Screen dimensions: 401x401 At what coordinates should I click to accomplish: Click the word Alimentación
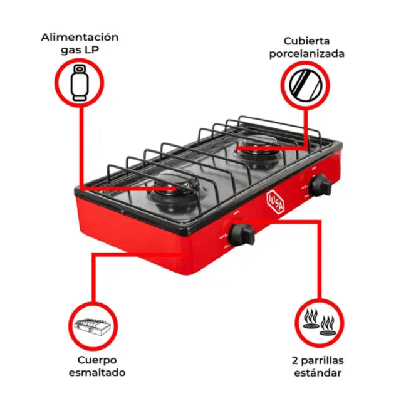(x=80, y=38)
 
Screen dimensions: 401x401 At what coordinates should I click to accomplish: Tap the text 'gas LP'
(x=80, y=50)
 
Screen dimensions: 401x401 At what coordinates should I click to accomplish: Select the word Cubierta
(x=306, y=41)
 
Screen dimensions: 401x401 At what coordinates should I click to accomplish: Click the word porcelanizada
(x=306, y=54)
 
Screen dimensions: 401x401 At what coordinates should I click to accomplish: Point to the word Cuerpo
(x=97, y=360)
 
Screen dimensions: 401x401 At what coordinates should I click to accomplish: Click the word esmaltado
(x=97, y=372)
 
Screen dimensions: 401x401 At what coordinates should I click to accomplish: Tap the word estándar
(x=318, y=373)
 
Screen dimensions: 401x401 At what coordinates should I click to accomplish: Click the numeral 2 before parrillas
(x=295, y=361)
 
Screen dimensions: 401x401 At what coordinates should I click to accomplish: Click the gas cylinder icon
(x=80, y=83)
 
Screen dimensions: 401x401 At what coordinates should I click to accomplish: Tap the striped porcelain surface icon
(x=306, y=85)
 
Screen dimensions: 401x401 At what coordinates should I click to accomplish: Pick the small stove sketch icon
(x=92, y=327)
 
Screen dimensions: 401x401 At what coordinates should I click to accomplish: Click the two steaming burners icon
(x=319, y=323)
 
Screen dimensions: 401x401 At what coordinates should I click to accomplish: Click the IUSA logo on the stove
(x=275, y=202)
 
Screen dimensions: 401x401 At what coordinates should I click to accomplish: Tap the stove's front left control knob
(x=242, y=234)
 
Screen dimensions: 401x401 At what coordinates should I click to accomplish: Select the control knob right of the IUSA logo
(x=320, y=185)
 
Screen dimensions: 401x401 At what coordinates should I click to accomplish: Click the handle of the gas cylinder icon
(x=80, y=69)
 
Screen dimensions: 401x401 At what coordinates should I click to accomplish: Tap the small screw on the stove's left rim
(x=122, y=212)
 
